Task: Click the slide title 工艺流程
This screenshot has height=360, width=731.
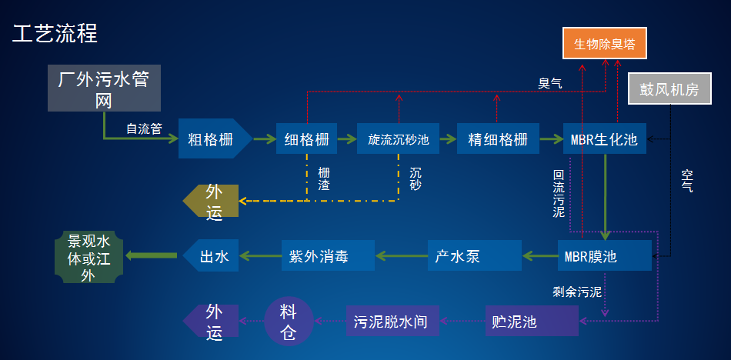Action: click(x=55, y=33)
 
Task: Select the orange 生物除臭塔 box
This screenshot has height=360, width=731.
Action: click(x=604, y=44)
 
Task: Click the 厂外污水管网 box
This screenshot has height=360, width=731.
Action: click(x=104, y=90)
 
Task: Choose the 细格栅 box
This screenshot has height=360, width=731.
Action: click(x=306, y=139)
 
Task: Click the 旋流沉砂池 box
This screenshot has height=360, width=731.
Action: click(x=399, y=139)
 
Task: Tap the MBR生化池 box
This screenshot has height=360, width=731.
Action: click(x=605, y=139)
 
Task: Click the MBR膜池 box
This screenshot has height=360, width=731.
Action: click(x=604, y=255)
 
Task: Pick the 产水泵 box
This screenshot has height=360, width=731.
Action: click(x=473, y=255)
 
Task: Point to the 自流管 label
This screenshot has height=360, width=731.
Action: click(x=144, y=129)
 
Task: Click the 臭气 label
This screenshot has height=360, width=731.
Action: click(x=549, y=83)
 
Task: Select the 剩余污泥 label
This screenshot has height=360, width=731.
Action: click(x=577, y=292)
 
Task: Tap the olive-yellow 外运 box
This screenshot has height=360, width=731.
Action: click(x=212, y=202)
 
